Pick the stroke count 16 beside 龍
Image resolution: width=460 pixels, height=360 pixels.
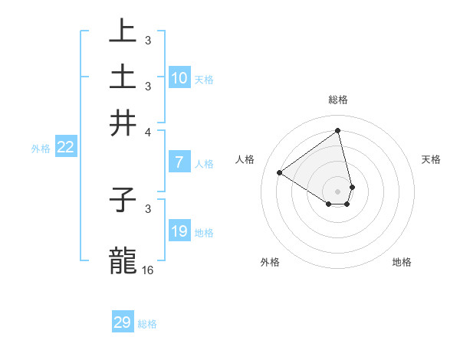point(148,270)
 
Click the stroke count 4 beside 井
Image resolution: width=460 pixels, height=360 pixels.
point(148,131)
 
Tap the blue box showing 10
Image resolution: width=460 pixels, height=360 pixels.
point(179,78)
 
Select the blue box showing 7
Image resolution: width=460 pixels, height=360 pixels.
point(179,162)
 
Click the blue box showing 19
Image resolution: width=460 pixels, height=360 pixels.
point(179,231)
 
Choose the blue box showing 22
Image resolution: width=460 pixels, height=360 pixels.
point(66,148)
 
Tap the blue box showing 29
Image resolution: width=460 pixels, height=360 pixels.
point(123,322)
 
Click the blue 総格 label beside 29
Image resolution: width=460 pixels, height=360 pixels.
point(147,324)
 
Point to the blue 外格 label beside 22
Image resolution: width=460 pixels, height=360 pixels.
point(41,149)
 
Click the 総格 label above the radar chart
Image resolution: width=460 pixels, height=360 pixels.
point(338,100)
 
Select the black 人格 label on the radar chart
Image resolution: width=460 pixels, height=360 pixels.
point(245,159)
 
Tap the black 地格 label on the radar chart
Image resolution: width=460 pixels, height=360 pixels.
point(402,262)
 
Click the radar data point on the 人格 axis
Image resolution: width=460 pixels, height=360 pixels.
point(280,172)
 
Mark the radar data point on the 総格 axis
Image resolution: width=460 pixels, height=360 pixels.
point(338,130)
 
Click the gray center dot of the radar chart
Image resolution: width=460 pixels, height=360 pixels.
point(338,191)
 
